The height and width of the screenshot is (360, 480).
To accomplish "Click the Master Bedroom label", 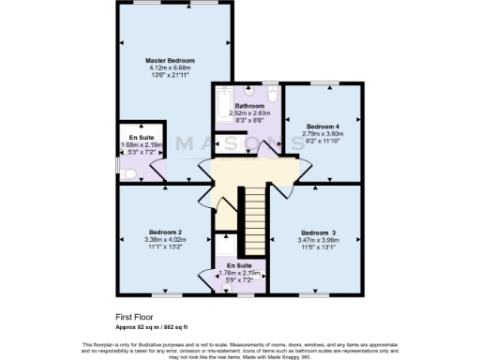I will (x=170, y=60).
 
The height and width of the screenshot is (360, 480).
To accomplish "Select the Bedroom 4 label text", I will (x=322, y=125).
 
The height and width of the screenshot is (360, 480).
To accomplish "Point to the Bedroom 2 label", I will (x=164, y=232).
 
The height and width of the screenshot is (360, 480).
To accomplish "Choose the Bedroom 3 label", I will (x=318, y=232).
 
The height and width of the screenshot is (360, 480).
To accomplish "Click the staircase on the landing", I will (x=251, y=207).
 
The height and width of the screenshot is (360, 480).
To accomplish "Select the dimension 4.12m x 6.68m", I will (x=170, y=67).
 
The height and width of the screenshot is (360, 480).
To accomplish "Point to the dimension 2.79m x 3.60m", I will (x=322, y=133).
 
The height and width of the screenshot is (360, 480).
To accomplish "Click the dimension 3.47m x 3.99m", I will (x=318, y=241).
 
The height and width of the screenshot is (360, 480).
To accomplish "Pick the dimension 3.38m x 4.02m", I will (x=164, y=240).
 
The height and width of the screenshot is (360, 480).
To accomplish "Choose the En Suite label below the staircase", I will (x=238, y=265).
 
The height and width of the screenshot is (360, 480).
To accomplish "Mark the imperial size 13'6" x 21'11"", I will (x=170, y=75).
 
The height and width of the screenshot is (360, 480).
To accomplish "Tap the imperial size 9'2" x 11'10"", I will (x=322, y=141).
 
